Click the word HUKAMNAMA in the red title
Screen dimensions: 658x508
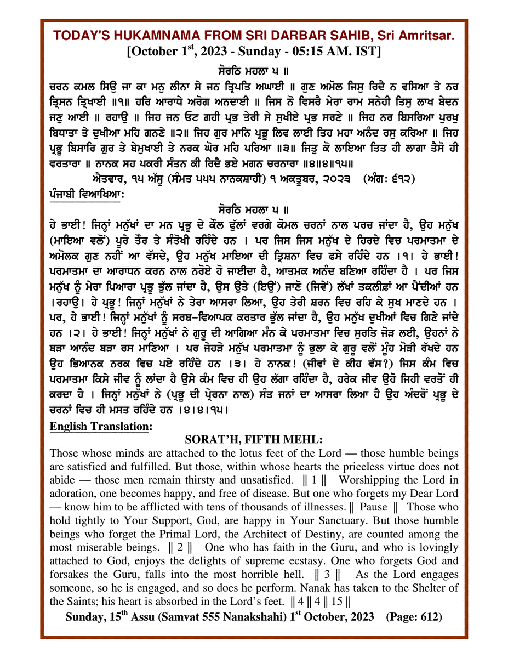[x=161, y=36]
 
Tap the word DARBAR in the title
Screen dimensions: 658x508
[x=290, y=36]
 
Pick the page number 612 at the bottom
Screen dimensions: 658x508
[x=429, y=617]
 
